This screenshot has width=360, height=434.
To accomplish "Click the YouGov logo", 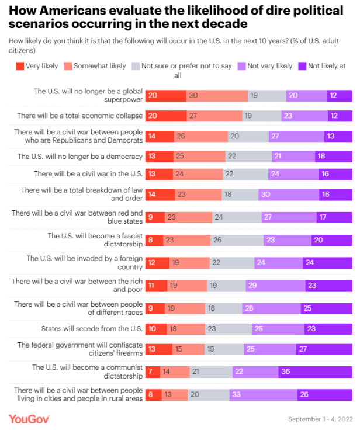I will tap(29, 419).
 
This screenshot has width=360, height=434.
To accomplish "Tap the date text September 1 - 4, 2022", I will tap(320, 419).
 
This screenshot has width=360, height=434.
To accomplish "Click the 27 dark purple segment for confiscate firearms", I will tap(325, 349).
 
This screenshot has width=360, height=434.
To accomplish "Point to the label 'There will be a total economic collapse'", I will tap(79, 116).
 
